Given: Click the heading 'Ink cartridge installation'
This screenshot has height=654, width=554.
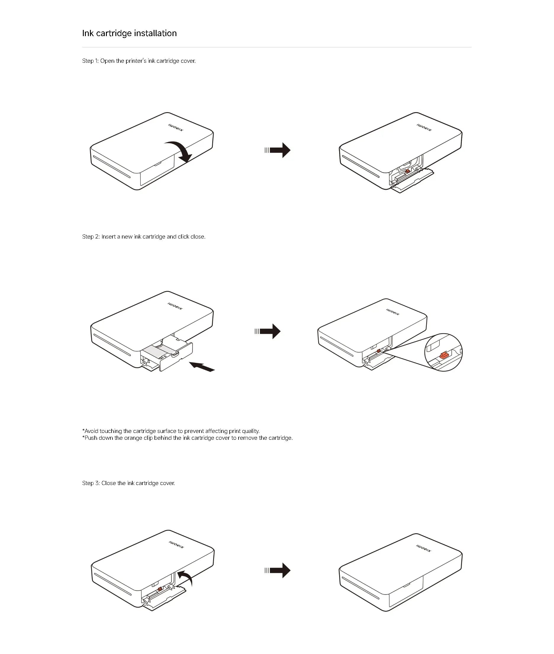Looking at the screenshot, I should click(x=129, y=33).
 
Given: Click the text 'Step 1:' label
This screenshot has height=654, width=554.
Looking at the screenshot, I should click(x=90, y=61).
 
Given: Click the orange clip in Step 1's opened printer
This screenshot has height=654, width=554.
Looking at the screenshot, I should click(x=407, y=171).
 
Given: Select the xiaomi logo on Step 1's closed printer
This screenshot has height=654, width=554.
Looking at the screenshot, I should click(x=175, y=128).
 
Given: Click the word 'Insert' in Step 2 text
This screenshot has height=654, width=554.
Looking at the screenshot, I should click(x=108, y=237).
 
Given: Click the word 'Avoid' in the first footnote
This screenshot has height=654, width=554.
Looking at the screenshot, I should click(x=91, y=431).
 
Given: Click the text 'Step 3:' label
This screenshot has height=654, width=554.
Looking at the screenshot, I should click(x=91, y=483).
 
